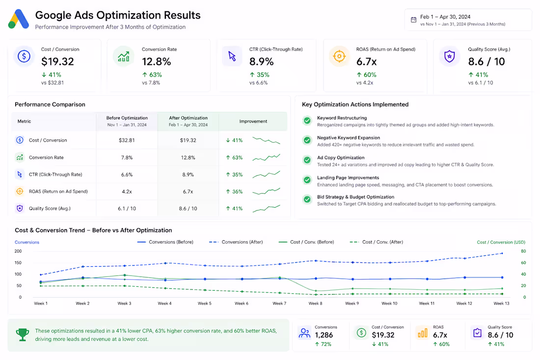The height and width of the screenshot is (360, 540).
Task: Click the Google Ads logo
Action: click(x=19, y=19)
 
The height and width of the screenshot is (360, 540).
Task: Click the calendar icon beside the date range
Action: click(x=414, y=20)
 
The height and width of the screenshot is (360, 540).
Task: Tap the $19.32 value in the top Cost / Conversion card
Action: click(x=57, y=62)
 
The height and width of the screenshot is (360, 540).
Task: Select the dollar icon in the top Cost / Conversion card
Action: click(x=24, y=56)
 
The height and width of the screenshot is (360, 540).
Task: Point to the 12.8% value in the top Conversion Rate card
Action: click(x=156, y=62)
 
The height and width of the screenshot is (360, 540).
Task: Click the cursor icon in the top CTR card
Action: click(x=232, y=56)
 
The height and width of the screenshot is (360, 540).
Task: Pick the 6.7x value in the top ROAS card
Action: click(x=366, y=62)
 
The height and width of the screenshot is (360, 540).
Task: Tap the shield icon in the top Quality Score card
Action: click(x=449, y=56)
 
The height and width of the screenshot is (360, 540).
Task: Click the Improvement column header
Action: click(x=253, y=121)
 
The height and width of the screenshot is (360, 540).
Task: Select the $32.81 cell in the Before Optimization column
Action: click(x=127, y=140)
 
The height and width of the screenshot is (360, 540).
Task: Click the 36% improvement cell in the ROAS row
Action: click(x=234, y=192)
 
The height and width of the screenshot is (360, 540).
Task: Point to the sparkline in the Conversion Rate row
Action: click(x=266, y=158)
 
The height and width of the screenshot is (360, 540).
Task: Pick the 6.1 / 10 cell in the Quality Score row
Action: click(x=127, y=208)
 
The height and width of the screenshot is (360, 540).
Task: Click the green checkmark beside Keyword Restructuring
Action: click(x=307, y=121)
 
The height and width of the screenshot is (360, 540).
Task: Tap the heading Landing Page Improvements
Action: click(x=348, y=178)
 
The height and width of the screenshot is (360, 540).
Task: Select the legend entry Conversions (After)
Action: click(x=236, y=242)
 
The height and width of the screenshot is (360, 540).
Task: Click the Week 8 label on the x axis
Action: click(x=316, y=304)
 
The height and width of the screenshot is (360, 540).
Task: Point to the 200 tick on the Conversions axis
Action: click(x=18, y=251)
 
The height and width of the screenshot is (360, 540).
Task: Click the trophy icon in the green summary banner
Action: click(x=23, y=334)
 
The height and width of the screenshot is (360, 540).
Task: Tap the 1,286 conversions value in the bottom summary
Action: click(x=324, y=335)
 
